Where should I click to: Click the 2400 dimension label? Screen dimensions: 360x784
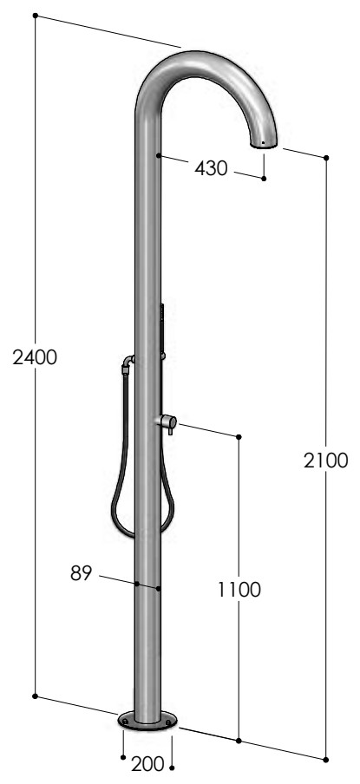pyautogui.click(x=35, y=357)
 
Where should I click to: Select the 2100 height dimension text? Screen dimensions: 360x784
pyautogui.click(x=325, y=461)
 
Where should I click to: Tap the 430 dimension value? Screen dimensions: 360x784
pyautogui.click(x=211, y=168)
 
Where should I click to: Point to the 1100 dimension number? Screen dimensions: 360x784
pyautogui.click(x=239, y=590)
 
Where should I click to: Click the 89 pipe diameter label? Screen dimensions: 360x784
pyautogui.click(x=82, y=573)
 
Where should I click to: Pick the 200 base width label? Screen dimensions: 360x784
pyautogui.click(x=147, y=763)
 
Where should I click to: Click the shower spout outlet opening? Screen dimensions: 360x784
pyautogui.click(x=264, y=145)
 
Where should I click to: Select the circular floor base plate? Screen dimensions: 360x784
pyautogui.click(x=147, y=720)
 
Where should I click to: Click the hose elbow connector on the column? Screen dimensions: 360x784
pyautogui.click(x=128, y=364)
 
